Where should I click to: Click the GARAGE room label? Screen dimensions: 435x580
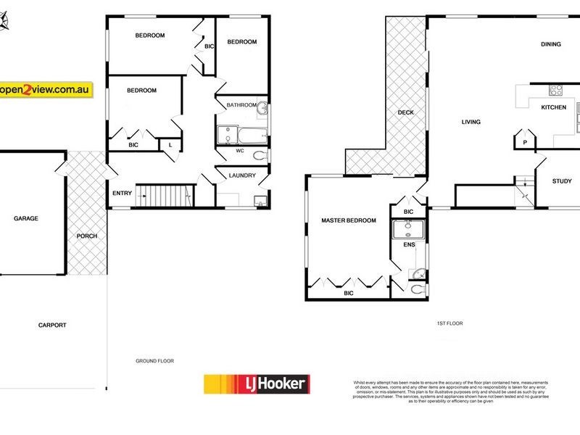tap(25, 218)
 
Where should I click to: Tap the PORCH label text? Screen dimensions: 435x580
tap(87, 236)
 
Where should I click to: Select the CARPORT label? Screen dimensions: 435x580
tap(51, 326)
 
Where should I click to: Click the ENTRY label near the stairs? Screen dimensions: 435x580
tap(122, 193)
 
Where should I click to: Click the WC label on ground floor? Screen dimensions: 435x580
tap(240, 151)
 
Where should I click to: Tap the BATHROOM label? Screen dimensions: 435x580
tap(241, 105)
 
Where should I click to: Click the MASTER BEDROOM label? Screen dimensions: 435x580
tap(349, 220)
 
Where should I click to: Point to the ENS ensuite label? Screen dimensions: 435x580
tap(409, 244)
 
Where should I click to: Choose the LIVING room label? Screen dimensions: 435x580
tap(471, 122)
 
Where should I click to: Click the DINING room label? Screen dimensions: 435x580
tap(550, 44)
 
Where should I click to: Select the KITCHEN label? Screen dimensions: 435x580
tap(554, 107)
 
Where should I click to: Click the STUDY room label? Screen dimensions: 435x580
tap(562, 181)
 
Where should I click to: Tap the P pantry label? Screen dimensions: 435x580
tap(523, 143)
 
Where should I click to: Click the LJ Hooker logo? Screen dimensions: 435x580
tap(257, 384)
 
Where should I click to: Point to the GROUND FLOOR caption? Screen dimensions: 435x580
tap(155, 360)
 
